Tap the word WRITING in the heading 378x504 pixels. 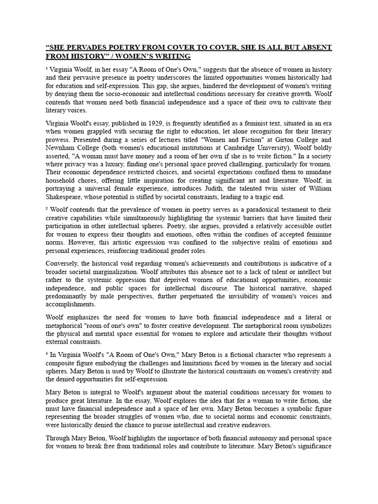point(148,56)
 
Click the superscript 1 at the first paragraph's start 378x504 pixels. point(47,68)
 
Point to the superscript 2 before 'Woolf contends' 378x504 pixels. point(47,208)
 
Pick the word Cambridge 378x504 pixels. point(253,148)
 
